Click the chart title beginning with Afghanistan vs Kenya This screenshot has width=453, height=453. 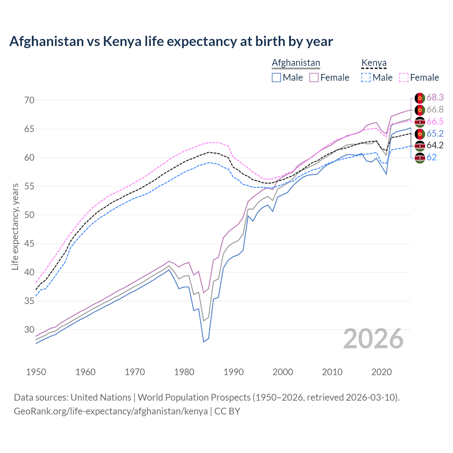pos(171,41)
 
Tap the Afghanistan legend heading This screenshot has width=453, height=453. pos(296,63)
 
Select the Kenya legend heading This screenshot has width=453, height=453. pos(374,63)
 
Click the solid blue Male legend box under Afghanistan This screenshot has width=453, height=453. pos(276,78)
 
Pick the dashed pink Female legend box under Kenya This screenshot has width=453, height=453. pos(404,78)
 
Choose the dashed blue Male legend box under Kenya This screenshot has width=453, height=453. pos(366,78)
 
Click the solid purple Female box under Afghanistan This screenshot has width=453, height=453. pos(314,78)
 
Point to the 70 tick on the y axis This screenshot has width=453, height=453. pos(29,100)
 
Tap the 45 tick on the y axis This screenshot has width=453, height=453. pos(29,243)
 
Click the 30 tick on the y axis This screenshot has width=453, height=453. pos(29,329)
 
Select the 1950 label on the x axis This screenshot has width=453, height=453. pos(36,372)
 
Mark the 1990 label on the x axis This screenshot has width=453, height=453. pos(234,372)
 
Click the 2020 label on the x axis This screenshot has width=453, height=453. pos(382,372)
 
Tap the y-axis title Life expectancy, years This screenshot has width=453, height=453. pos(15,226)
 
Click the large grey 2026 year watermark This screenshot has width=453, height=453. pos(373,339)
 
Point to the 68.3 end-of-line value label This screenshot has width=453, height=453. pos(435,97)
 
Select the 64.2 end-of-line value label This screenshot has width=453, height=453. pos(435,145)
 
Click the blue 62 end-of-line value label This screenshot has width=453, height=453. pos(431,157)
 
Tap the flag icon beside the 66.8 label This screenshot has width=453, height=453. pos(420,110)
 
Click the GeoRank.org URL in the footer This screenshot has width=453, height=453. pos(111,411)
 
